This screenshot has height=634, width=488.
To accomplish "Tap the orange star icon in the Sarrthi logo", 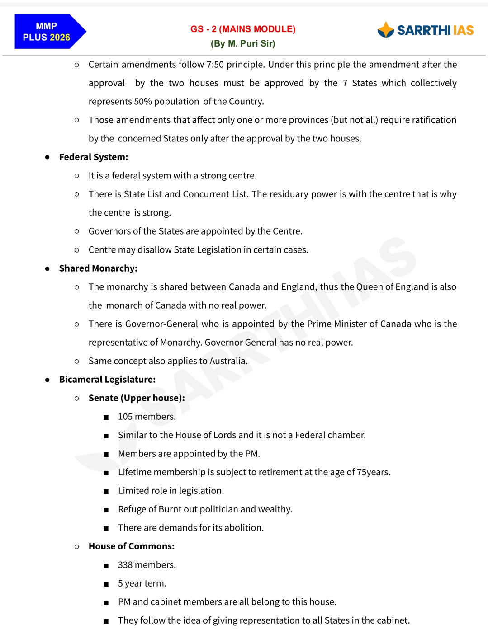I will [x=386, y=30].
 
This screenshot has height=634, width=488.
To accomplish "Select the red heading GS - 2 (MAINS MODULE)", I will [x=243, y=29].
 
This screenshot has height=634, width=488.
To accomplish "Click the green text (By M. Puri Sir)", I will [x=243, y=44].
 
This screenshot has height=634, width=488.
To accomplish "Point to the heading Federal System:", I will [x=94, y=157].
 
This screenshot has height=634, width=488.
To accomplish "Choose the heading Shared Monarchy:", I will [x=98, y=268].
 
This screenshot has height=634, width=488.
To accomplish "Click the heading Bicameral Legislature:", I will [x=107, y=380].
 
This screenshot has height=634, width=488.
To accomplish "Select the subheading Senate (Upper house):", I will [x=137, y=398].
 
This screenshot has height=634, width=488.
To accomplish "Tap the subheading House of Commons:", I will [x=132, y=546].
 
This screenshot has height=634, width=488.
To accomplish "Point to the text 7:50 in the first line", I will [x=215, y=65].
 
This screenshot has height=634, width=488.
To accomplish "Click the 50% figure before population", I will [x=143, y=102].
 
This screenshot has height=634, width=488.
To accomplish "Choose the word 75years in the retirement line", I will [x=373, y=472].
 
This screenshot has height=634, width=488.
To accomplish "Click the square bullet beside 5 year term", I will [x=106, y=584].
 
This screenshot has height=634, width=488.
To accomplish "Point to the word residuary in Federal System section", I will [x=289, y=194].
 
